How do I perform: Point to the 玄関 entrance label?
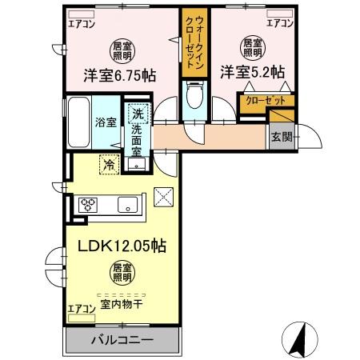[282, 137]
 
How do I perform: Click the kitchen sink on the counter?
[127, 205]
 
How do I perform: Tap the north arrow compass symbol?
[298, 339]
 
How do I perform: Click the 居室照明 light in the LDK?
[121, 272]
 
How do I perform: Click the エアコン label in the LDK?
[80, 307]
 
